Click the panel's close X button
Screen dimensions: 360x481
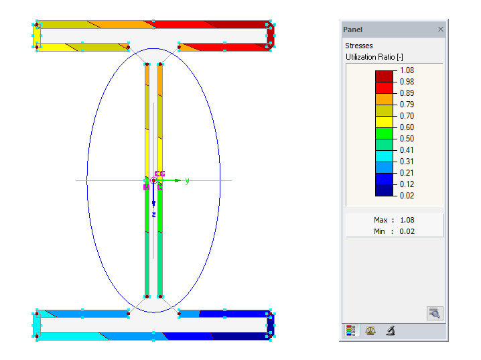click(440, 29)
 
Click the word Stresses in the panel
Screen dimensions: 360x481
click(359, 46)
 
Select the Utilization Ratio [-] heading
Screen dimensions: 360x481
click(374, 57)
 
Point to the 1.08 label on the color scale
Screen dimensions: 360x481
click(407, 70)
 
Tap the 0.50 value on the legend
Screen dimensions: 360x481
click(407, 139)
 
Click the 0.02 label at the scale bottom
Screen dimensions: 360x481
click(407, 196)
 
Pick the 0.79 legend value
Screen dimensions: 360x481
click(407, 105)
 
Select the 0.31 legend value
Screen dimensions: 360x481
click(407, 162)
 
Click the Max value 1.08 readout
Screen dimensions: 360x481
click(407, 220)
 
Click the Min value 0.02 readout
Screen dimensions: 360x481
click(407, 231)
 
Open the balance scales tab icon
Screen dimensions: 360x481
click(370, 331)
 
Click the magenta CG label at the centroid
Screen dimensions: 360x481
click(159, 174)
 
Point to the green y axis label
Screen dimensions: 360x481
click(187, 181)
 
